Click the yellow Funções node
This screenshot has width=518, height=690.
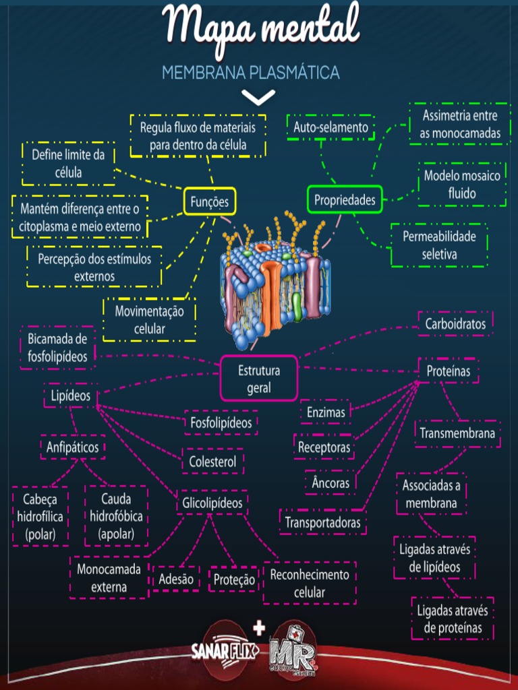click(210, 201)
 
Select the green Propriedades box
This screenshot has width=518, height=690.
click(345, 199)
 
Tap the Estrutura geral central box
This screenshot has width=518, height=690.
click(259, 378)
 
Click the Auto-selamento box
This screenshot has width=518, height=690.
click(330, 127)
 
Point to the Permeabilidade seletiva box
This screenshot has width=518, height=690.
click(439, 245)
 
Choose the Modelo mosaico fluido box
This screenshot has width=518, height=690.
click(462, 185)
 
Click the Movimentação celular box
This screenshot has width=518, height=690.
click(149, 320)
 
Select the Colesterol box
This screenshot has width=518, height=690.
click(212, 462)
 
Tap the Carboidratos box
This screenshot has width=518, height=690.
click(455, 324)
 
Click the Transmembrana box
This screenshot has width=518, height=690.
click(457, 433)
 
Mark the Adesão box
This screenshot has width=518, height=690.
click(176, 579)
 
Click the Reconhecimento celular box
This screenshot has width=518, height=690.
click(310, 584)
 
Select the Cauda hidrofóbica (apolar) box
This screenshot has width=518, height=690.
click(116, 517)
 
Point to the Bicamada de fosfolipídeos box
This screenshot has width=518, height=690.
click(58, 348)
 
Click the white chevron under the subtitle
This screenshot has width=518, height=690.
click(258, 98)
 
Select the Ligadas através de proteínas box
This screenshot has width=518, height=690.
click(453, 619)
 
